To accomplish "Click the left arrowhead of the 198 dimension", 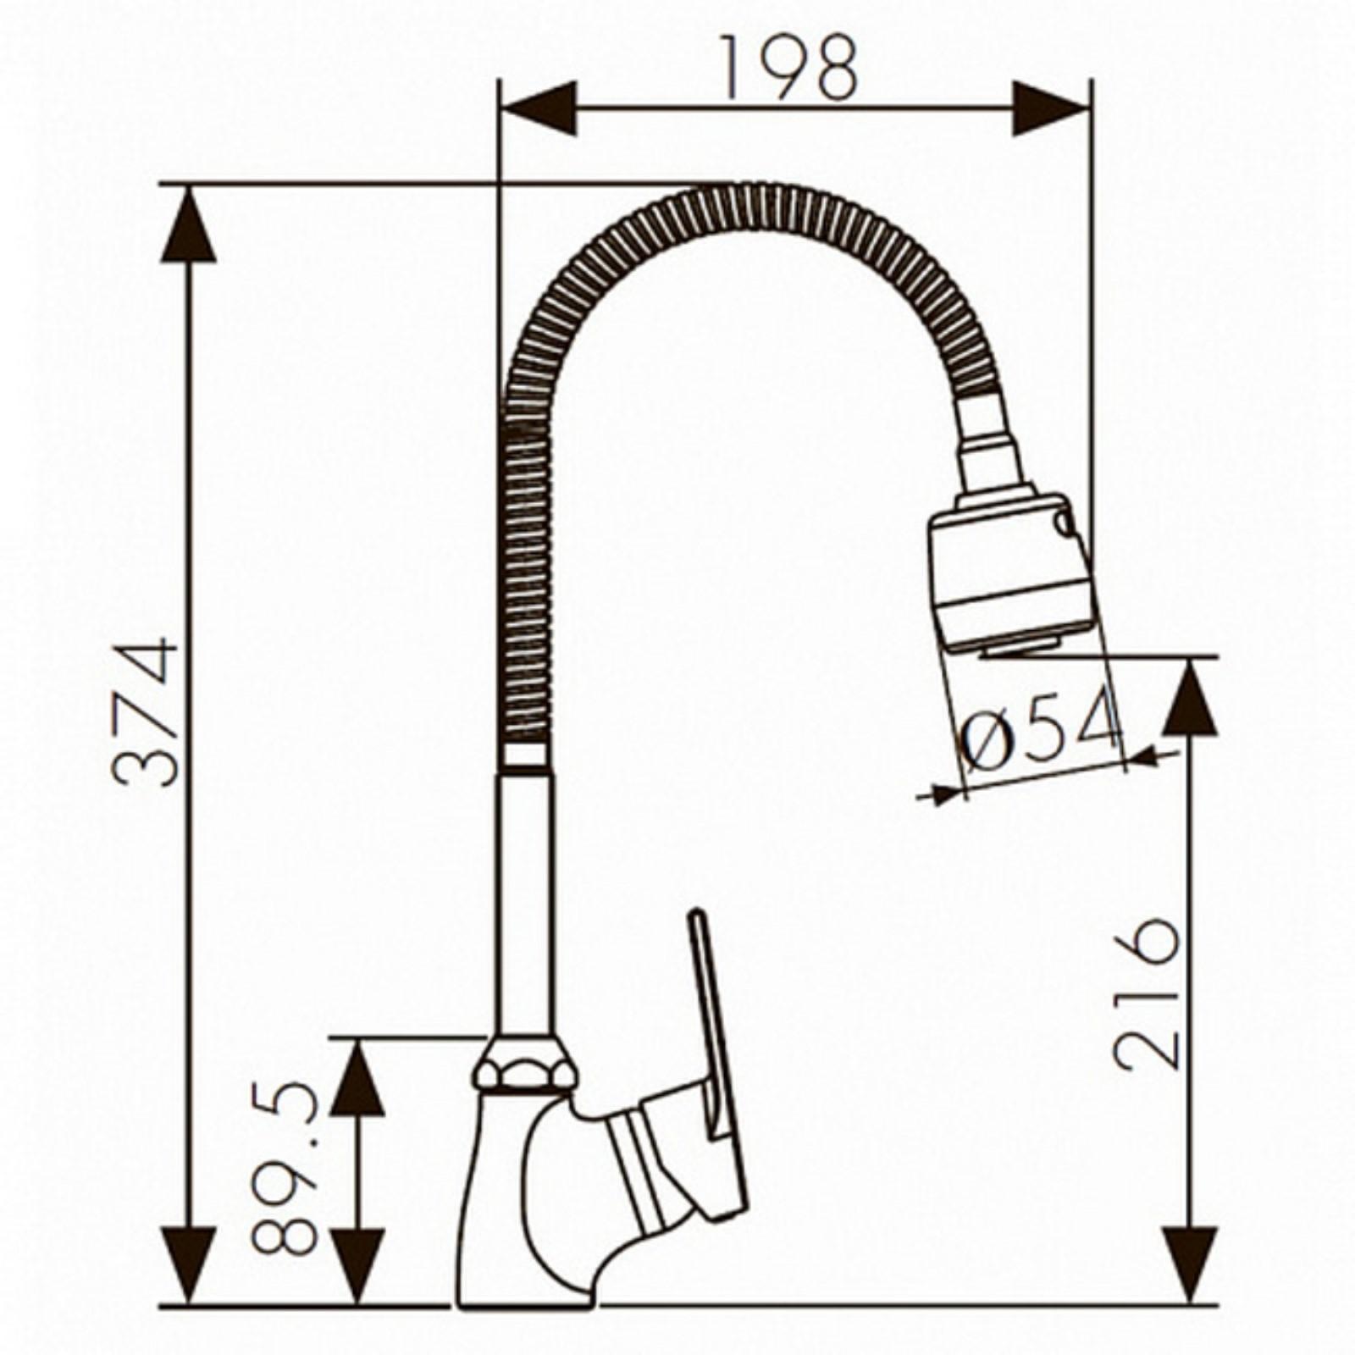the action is point(539,108).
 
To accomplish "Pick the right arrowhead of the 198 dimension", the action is point(1050,108).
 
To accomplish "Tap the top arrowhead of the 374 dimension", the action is point(188,224).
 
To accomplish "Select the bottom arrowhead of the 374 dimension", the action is point(188,1264).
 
